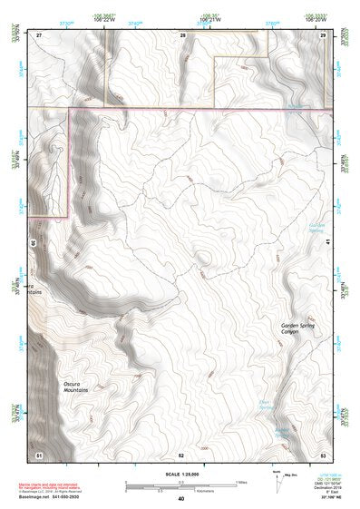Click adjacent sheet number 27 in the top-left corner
(x=39, y=34)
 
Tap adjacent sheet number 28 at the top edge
(x=182, y=34)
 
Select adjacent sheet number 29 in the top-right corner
(x=324, y=34)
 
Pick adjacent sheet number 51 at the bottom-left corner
(x=39, y=453)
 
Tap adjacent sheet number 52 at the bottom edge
(x=181, y=453)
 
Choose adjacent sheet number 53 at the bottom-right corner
(x=324, y=453)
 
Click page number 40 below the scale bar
(x=181, y=498)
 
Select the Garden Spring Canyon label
(x=296, y=328)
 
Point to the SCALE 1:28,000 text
(x=180, y=471)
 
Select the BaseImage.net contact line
(x=54, y=496)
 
